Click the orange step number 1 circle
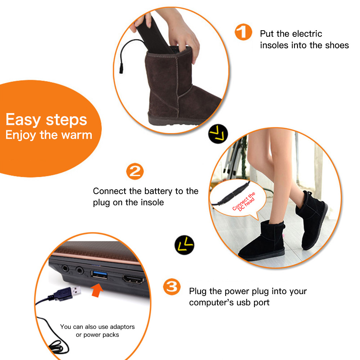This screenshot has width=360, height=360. [243, 32]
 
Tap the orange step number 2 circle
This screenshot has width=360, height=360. [135, 171]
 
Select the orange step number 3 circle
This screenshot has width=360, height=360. [172, 287]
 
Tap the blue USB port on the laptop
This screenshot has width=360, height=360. [99, 274]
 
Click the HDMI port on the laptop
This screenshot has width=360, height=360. [133, 279]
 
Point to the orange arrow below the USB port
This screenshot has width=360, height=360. [97, 290]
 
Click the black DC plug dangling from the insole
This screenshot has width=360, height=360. [121, 69]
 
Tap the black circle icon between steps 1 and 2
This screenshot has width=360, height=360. [218, 134]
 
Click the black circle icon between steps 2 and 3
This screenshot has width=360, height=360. [184, 245]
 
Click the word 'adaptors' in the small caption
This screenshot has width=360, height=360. [122, 327]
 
